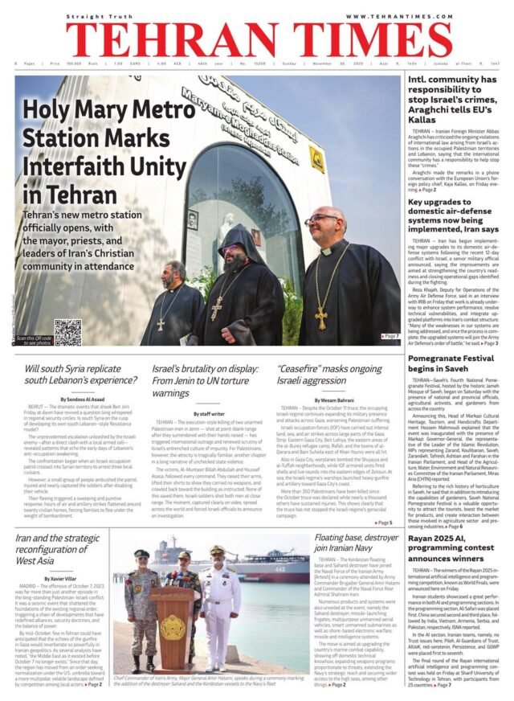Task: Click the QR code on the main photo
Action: pos(67,332)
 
